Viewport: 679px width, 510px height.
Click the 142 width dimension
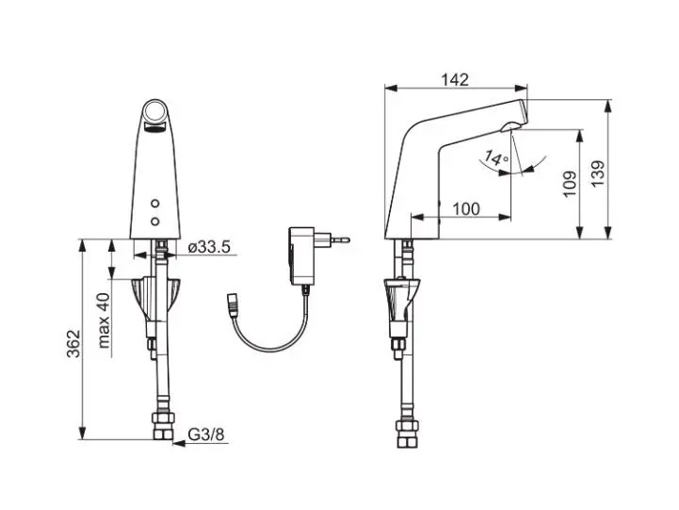click(455, 80)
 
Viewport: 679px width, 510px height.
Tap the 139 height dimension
click(598, 174)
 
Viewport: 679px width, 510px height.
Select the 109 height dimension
click(570, 184)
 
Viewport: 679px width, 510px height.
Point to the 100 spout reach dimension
click(466, 209)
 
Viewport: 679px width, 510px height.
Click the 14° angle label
click(496, 158)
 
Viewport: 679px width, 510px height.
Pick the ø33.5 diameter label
click(209, 247)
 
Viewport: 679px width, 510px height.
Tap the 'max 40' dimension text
click(104, 321)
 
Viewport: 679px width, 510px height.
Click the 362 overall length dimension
click(73, 343)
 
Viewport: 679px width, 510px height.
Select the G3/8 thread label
click(206, 435)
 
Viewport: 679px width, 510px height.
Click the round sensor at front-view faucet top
click(155, 111)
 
